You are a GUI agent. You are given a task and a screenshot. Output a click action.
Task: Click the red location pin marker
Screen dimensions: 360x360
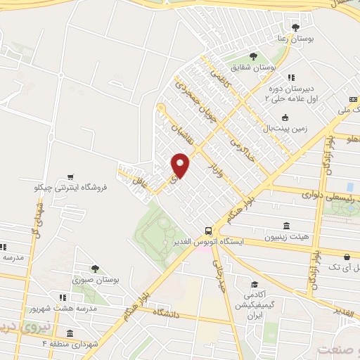coord(181,165)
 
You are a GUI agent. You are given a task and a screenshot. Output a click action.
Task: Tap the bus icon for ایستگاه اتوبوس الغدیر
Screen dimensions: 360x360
coord(207,230)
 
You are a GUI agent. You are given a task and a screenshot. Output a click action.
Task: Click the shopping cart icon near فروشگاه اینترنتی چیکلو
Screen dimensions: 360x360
coord(69,177)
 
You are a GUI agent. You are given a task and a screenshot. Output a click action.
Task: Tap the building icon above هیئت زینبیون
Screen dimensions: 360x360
coord(285,226)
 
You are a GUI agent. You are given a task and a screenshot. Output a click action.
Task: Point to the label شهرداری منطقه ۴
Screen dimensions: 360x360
coord(68,344)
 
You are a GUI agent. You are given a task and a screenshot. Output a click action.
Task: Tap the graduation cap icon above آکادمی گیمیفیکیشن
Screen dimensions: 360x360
coord(252,284)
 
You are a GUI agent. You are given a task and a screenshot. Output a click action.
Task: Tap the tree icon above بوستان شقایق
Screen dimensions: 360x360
coord(252,56)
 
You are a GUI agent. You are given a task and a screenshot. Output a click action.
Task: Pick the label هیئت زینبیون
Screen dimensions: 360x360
coord(285,237)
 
